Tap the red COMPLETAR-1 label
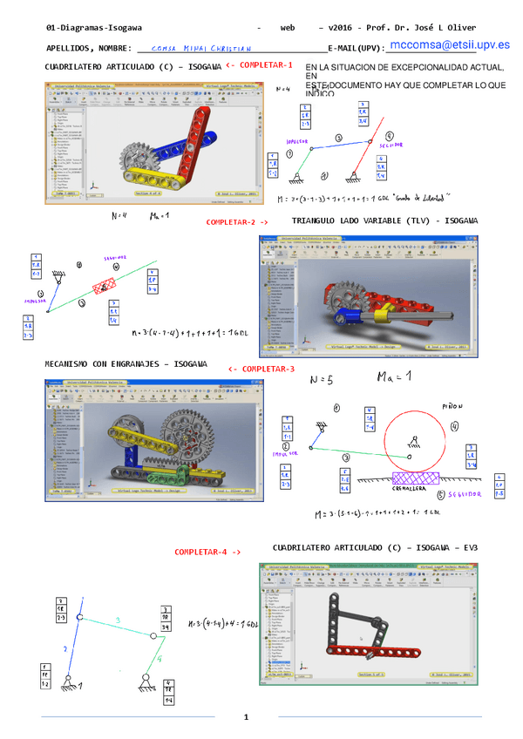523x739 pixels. [259, 65]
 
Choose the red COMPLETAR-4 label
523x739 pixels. [207, 552]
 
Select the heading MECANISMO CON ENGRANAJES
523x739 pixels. [126, 363]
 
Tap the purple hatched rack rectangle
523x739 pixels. [417, 478]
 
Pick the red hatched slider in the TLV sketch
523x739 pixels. [104, 287]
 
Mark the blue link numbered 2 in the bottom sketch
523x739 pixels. [67, 649]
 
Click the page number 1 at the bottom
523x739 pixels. [247, 716]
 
